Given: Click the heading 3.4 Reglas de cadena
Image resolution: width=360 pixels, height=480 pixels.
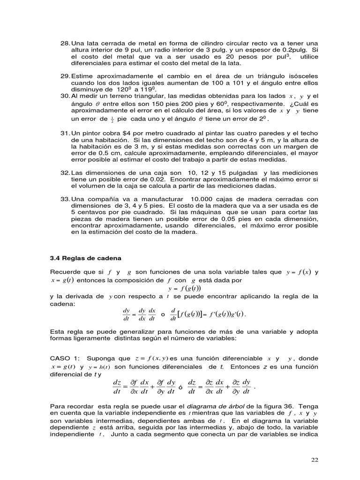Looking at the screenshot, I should [x=85, y=258].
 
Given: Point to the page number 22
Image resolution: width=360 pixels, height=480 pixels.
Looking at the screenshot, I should [x=315, y=460].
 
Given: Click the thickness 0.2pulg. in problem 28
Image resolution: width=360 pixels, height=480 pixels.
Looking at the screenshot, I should [x=295, y=50].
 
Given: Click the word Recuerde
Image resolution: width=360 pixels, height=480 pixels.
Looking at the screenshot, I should [x=65, y=272].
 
